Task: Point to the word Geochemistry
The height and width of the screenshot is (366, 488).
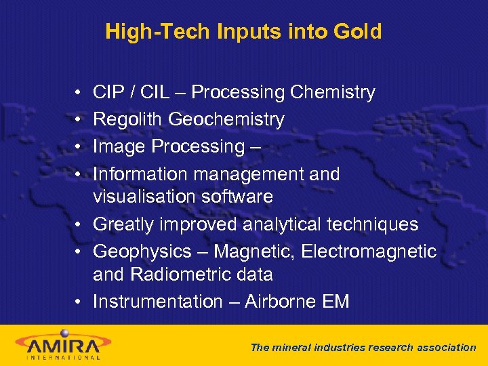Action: click(x=226, y=119)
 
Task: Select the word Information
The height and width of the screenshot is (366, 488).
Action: click(x=140, y=174)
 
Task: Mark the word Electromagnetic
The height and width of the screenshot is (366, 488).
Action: click(x=369, y=251)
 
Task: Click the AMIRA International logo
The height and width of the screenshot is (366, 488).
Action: click(x=60, y=344)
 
